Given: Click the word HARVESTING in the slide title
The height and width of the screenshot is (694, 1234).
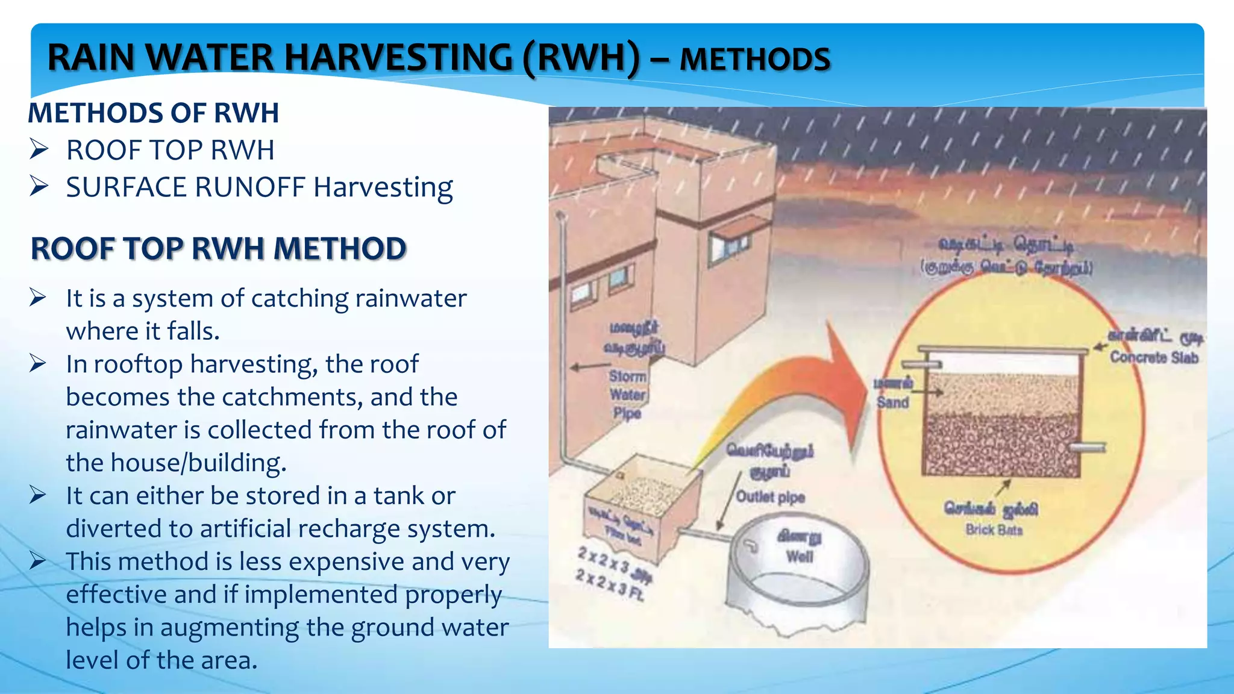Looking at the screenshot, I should (x=398, y=58).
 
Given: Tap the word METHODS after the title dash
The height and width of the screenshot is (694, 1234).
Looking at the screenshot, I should (x=755, y=60).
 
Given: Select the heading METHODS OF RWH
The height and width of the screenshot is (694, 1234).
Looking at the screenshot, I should (x=153, y=113).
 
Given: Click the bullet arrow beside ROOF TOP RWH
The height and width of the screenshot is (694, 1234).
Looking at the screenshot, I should (x=39, y=149).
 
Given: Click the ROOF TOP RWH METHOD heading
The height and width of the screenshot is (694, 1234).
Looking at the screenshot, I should (x=218, y=249).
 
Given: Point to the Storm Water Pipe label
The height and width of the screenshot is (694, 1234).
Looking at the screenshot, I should (x=627, y=394).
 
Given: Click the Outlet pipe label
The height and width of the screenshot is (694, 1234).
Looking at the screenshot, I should (x=770, y=497).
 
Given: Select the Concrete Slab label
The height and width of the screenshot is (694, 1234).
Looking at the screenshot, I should (x=1154, y=358).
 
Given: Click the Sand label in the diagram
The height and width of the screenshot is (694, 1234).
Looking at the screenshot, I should (x=892, y=402).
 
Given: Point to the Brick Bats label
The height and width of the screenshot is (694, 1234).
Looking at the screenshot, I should (x=994, y=530).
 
